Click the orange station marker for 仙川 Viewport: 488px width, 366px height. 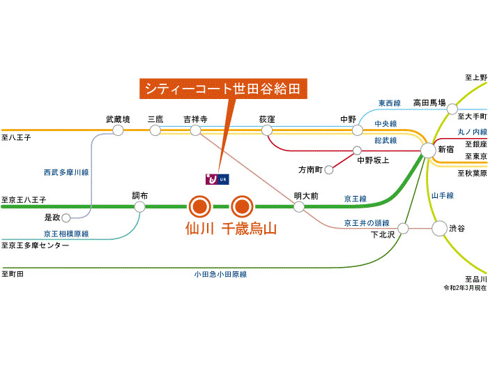200,206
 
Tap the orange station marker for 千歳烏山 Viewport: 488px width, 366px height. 242,206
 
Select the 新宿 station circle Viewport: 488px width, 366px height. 428,151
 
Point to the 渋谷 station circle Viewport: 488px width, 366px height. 439,229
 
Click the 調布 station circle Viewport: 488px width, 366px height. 139,206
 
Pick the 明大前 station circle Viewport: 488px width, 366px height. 299,206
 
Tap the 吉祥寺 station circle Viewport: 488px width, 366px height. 195,130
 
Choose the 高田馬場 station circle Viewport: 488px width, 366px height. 452,109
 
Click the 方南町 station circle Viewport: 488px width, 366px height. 329,170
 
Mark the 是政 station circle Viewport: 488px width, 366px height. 66,218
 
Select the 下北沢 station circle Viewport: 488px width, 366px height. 403,229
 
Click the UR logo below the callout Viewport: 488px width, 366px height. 218,179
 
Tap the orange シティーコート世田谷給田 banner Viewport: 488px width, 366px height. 224,89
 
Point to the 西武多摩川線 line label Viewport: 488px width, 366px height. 66,172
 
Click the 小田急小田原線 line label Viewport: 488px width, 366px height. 220,275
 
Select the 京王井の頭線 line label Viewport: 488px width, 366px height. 367,223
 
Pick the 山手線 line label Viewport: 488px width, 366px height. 443,195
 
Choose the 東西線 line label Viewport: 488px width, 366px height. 389,103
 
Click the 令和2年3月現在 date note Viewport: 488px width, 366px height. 465,288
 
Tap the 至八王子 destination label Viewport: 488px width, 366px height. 16,137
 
